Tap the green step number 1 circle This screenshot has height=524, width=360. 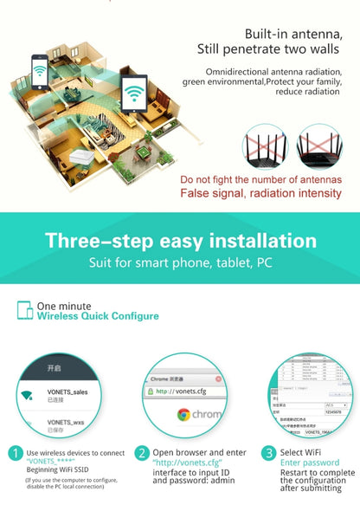15,453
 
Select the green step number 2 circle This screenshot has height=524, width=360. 142,453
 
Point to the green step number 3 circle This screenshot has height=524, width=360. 269,453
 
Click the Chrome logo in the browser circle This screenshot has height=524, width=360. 183,414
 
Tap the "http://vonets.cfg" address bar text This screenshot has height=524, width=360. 182,391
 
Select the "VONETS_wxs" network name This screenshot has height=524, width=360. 66,424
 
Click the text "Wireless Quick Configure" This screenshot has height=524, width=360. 98,316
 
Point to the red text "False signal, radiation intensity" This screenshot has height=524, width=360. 260,193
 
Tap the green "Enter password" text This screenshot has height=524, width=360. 310,463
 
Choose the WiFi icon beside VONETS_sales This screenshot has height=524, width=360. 28,395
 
